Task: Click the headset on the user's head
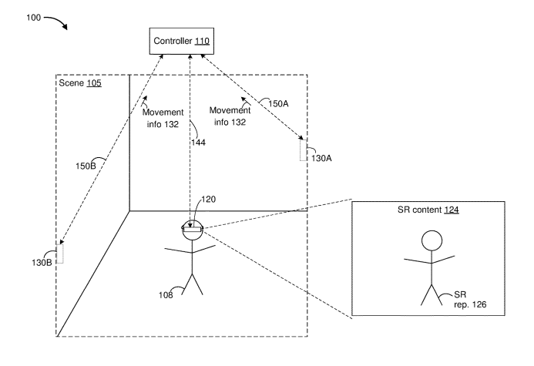tap(191, 227)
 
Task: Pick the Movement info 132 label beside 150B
tap(164, 116)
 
